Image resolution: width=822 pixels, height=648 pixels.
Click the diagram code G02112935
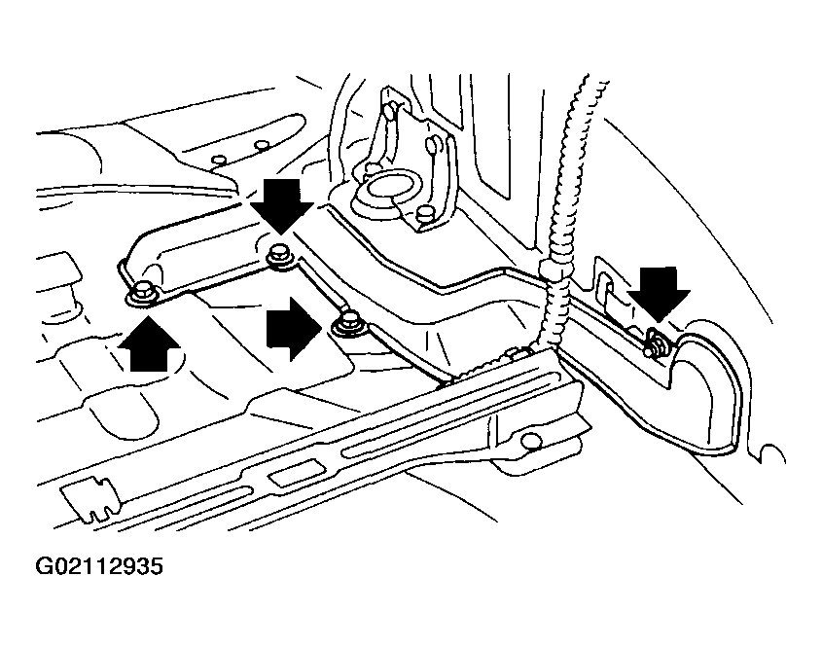tap(99, 566)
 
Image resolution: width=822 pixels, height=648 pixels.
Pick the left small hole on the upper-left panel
tap(219, 159)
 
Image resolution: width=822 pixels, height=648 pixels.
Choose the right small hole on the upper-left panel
tap(261, 146)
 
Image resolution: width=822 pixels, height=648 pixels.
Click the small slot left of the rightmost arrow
tap(604, 286)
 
